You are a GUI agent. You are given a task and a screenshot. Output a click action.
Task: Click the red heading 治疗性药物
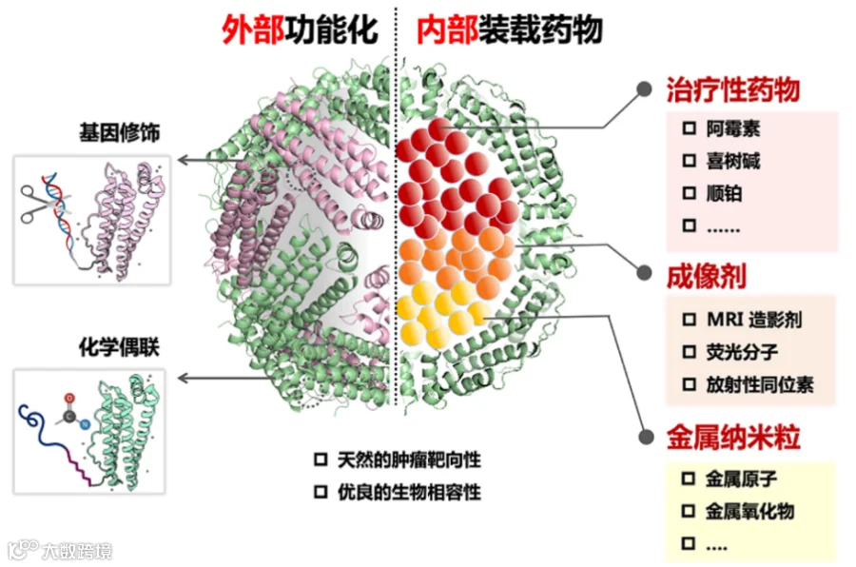[733, 89]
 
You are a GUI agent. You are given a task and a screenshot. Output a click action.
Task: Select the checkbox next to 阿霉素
[690, 128]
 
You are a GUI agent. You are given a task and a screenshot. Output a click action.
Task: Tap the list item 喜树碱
[732, 161]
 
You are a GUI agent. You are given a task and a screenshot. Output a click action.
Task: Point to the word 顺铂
[724, 193]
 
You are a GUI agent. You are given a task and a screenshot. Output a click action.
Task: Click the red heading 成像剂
[707, 277]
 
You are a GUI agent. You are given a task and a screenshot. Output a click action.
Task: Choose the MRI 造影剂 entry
[754, 319]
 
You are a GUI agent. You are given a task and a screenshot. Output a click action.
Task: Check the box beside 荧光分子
[690, 351]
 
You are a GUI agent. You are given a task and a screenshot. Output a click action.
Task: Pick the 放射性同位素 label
[760, 384]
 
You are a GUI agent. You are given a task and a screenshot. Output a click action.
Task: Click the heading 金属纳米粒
[733, 437]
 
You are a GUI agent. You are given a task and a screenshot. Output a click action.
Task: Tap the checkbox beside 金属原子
[689, 479]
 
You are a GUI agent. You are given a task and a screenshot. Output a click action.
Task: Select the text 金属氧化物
[749, 511]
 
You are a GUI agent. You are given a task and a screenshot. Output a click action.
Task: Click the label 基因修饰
[120, 132]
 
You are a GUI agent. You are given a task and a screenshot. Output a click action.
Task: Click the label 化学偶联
[119, 347]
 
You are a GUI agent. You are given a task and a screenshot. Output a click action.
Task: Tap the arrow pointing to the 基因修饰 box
[221, 160]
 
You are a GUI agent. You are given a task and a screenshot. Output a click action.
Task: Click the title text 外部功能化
[300, 29]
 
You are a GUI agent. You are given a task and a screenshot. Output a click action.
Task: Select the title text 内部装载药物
[510, 29]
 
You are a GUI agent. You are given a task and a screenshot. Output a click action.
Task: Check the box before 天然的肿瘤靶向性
[321, 459]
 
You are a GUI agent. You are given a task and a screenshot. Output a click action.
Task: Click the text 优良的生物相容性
[409, 492]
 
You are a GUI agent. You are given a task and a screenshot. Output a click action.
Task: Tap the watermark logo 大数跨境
[60, 550]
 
